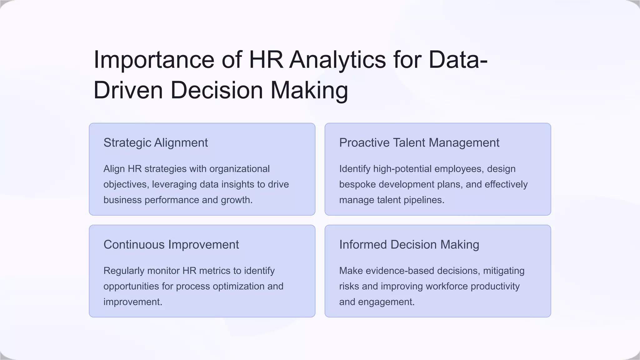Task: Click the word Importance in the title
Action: pos(154,60)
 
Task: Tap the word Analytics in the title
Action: pos(337,60)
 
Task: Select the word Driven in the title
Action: pos(128,90)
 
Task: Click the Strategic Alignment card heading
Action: pos(156,143)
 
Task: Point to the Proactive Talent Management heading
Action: pos(419,143)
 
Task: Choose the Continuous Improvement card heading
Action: pos(171,245)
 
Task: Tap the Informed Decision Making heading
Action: pos(409,245)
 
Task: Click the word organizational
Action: pos(239,169)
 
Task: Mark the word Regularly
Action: pos(124,271)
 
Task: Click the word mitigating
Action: pos(504,271)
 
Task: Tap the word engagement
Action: pos(386,302)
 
